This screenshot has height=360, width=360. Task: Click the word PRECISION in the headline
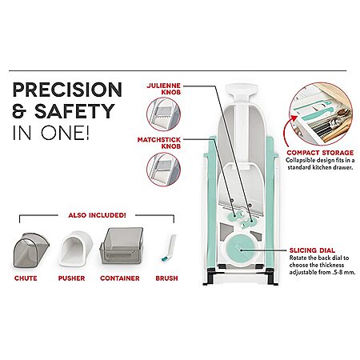click(67, 90)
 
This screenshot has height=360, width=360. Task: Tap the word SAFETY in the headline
click(74, 111)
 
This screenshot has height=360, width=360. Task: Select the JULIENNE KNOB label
click(164, 89)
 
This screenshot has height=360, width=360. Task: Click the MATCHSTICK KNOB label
click(159, 143)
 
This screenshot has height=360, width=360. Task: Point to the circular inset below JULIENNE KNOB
click(163, 114)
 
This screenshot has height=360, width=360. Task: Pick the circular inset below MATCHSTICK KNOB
click(163, 169)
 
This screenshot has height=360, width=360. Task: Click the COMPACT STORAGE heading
click(320, 153)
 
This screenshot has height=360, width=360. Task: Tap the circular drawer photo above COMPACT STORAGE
click(321, 114)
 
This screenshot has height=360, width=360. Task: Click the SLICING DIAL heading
click(312, 250)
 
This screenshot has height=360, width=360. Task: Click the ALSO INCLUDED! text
click(97, 215)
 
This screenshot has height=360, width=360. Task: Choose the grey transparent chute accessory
click(31, 250)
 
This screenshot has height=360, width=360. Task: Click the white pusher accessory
click(76, 249)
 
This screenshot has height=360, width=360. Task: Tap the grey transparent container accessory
click(122, 246)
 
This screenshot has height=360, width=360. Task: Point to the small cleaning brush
click(169, 248)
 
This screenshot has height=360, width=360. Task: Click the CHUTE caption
click(26, 278)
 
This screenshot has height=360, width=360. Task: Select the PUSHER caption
click(71, 278)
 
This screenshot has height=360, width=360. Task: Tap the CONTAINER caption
click(120, 278)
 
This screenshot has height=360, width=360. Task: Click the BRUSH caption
click(166, 278)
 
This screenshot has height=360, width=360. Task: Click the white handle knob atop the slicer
click(242, 89)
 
